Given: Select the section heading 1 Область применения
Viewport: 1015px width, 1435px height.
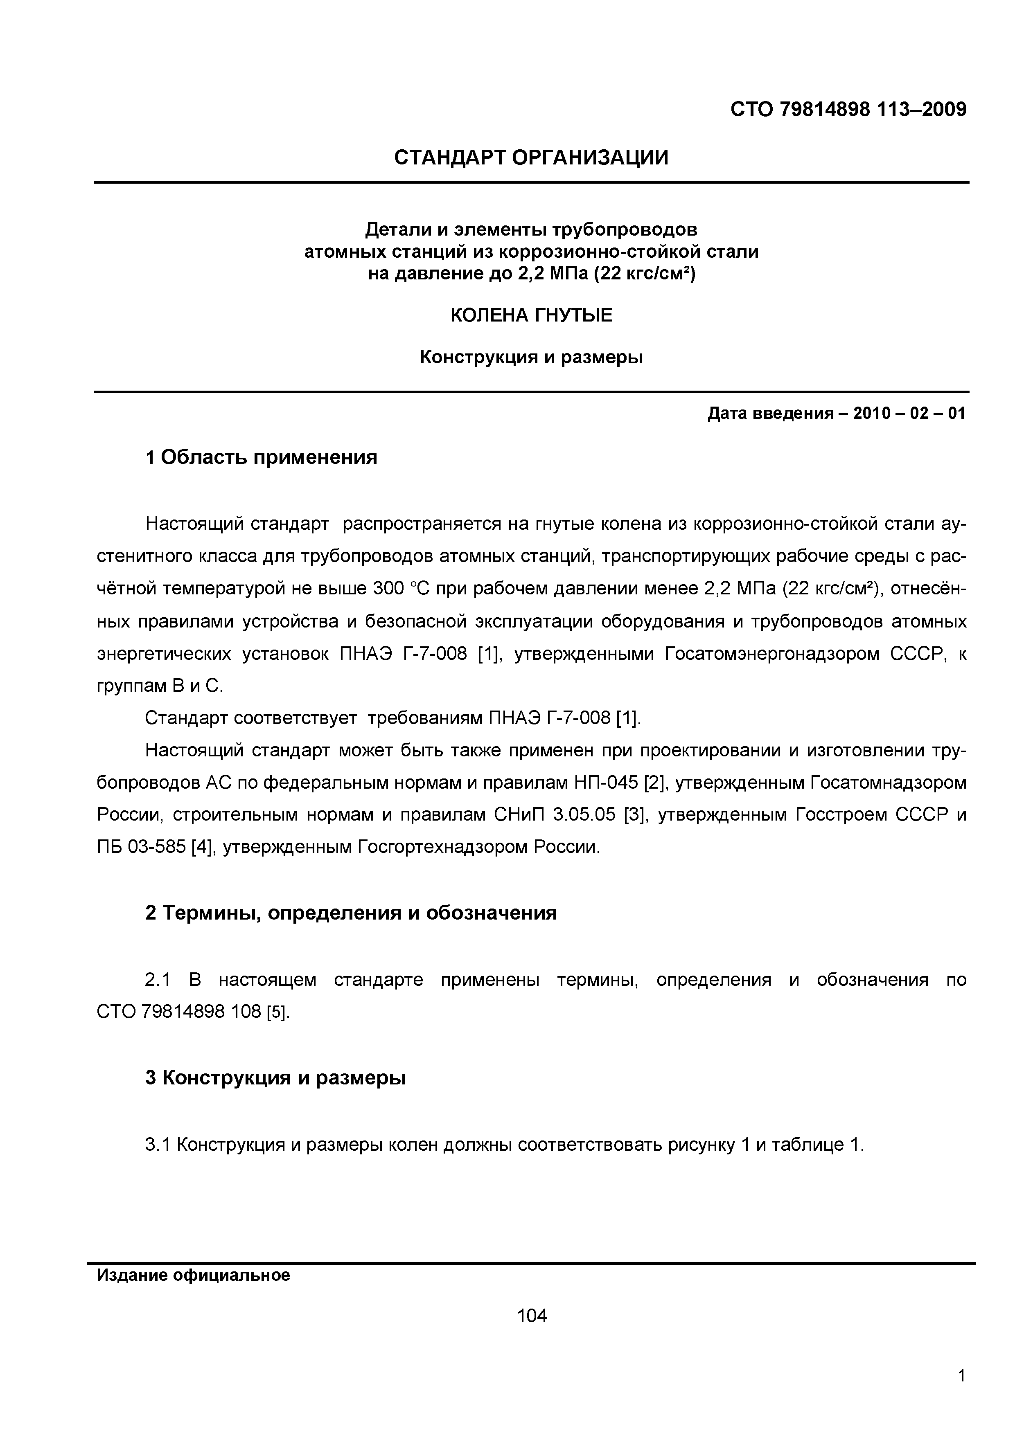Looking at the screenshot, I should [262, 457].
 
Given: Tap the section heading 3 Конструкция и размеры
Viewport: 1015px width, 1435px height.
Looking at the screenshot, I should [276, 1077].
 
